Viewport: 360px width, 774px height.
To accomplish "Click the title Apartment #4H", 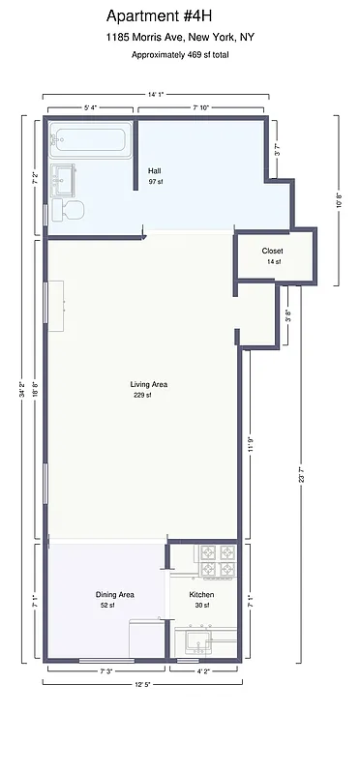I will (x=179, y=15).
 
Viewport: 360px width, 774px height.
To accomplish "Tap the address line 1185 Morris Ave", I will (x=180, y=37).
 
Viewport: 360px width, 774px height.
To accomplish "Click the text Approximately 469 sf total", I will (x=180, y=55).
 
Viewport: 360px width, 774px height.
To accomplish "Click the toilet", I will (x=74, y=209).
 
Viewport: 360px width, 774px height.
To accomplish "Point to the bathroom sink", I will (x=64, y=178).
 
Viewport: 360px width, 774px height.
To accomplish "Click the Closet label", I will (x=272, y=252).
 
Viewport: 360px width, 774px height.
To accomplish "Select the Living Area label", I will (x=149, y=384).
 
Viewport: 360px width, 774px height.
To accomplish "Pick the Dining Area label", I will (x=114, y=594).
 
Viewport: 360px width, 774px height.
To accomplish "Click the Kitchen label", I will (x=201, y=594).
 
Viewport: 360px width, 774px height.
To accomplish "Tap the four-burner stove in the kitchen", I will (x=217, y=561).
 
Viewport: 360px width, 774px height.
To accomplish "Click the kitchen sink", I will (x=203, y=639).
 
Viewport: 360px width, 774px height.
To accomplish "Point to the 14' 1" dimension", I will (x=156, y=94).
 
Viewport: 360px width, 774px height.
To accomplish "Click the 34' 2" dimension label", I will (x=21, y=390).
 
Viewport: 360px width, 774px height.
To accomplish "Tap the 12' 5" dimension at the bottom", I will (x=142, y=684).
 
